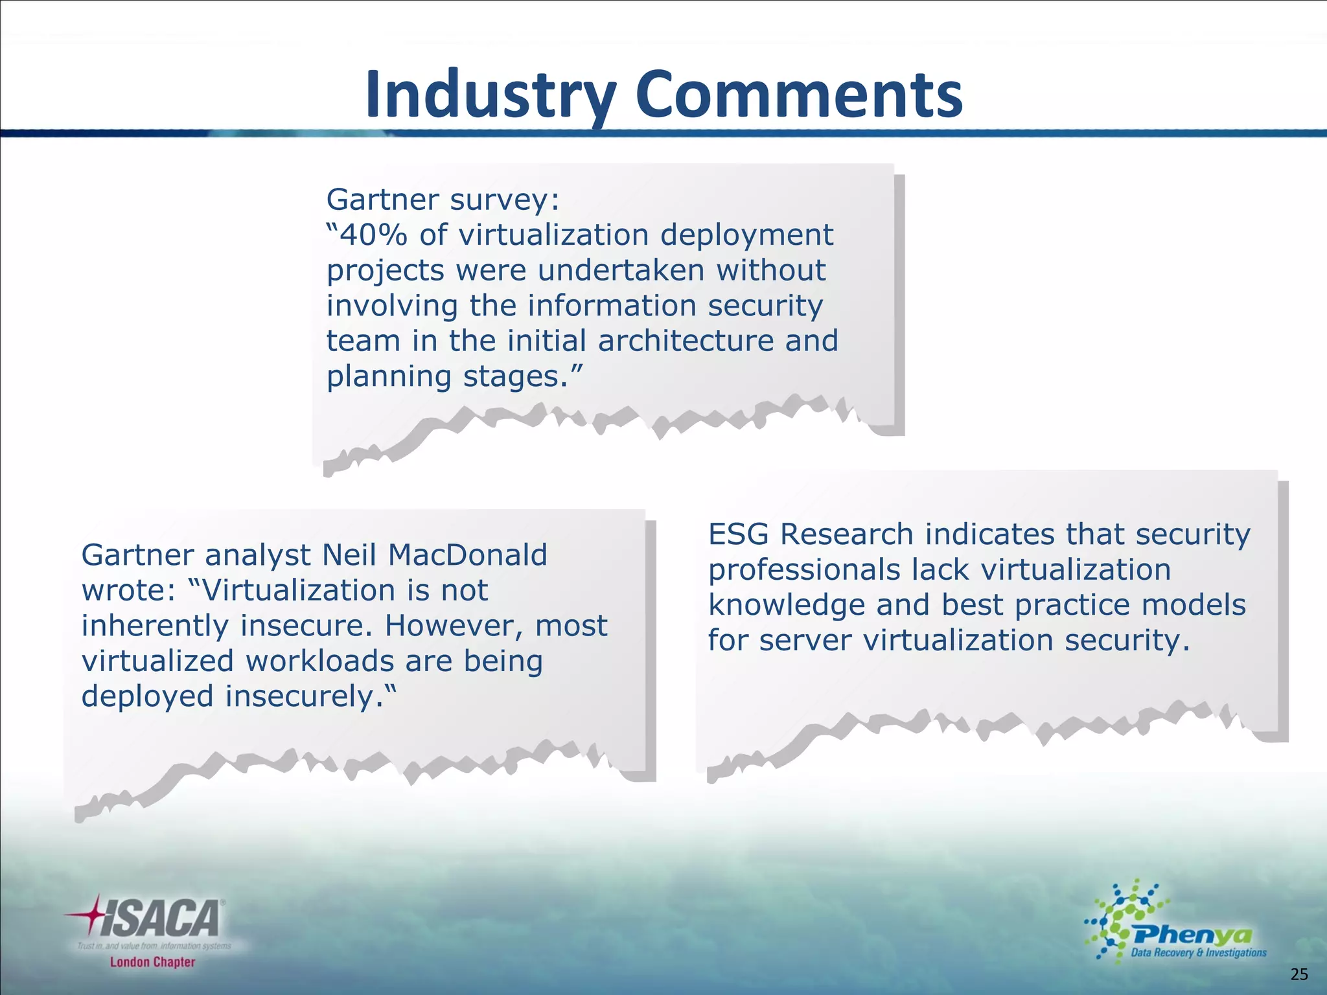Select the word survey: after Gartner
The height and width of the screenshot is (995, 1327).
pos(505,200)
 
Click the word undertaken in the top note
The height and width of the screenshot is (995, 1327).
pos(621,270)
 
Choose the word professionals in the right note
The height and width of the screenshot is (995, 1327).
pos(803,571)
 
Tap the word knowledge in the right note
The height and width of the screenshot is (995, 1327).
pos(786,606)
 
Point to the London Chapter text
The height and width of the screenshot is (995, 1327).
pos(152,962)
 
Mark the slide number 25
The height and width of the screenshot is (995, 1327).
pos(1299,974)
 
